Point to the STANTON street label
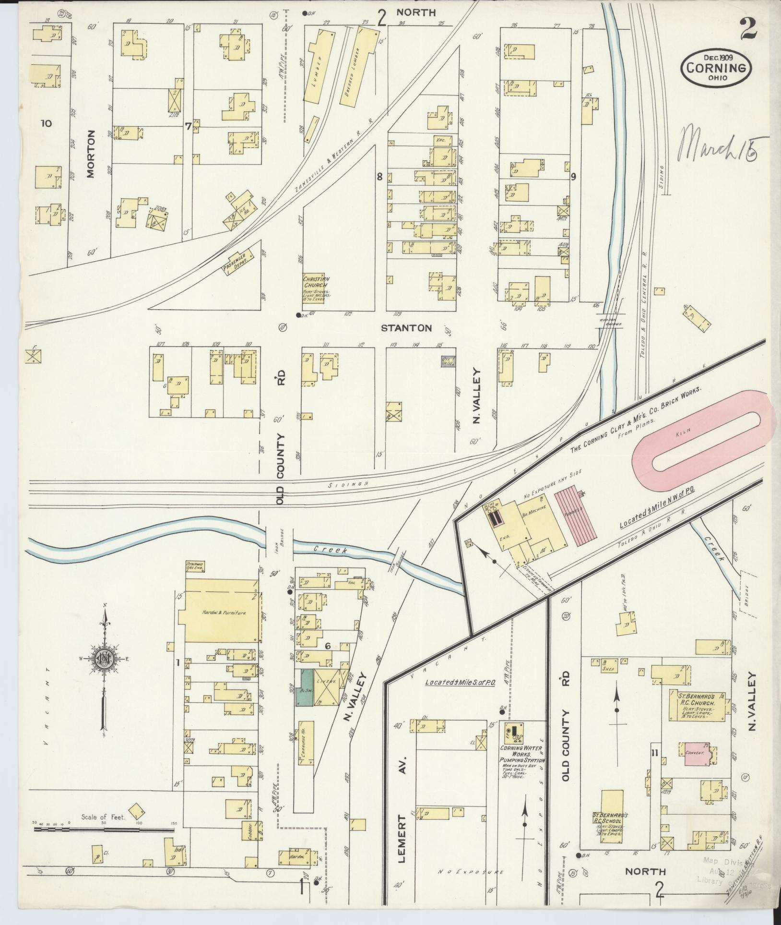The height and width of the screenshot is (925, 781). (406, 328)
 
